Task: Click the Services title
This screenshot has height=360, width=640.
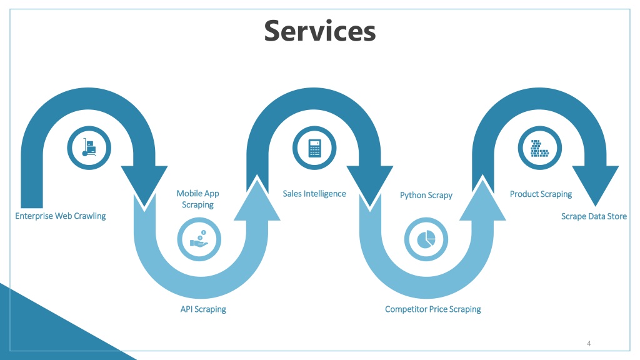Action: pyautogui.click(x=319, y=31)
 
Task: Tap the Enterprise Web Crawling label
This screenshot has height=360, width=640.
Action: pyautogui.click(x=61, y=216)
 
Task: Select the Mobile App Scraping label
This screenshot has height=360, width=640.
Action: pyautogui.click(x=198, y=199)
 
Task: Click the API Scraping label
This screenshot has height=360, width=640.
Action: pyautogui.click(x=203, y=309)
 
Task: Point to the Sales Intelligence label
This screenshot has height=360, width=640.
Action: pyautogui.click(x=314, y=194)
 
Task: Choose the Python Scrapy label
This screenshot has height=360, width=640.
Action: pyautogui.click(x=426, y=195)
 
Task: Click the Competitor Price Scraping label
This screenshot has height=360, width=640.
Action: pyautogui.click(x=433, y=309)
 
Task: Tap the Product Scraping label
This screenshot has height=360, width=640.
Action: pyautogui.click(x=541, y=194)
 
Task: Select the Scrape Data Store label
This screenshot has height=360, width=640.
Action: pyautogui.click(x=594, y=216)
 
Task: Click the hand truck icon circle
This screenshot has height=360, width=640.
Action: pyautogui.click(x=89, y=147)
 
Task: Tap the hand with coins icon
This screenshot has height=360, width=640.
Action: pyautogui.click(x=199, y=239)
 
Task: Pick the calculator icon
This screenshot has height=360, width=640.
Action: pyautogui.click(x=315, y=147)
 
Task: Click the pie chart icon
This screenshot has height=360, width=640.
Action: pyautogui.click(x=426, y=239)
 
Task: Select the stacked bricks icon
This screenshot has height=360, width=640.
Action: pyautogui.click(x=540, y=147)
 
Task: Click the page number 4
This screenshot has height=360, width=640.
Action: pyautogui.click(x=589, y=343)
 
